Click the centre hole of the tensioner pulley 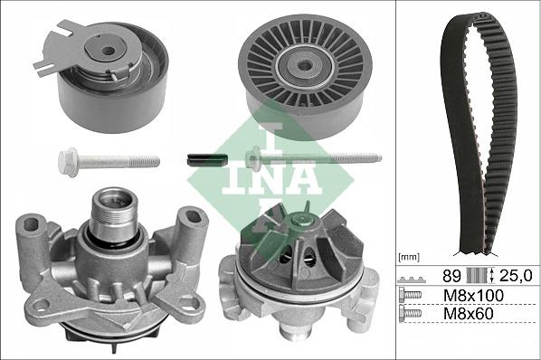(109, 52)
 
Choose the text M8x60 (468, 314)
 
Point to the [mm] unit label (410, 257)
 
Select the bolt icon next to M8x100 (411, 296)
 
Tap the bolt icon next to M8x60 (411, 314)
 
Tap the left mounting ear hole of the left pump (33, 225)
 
